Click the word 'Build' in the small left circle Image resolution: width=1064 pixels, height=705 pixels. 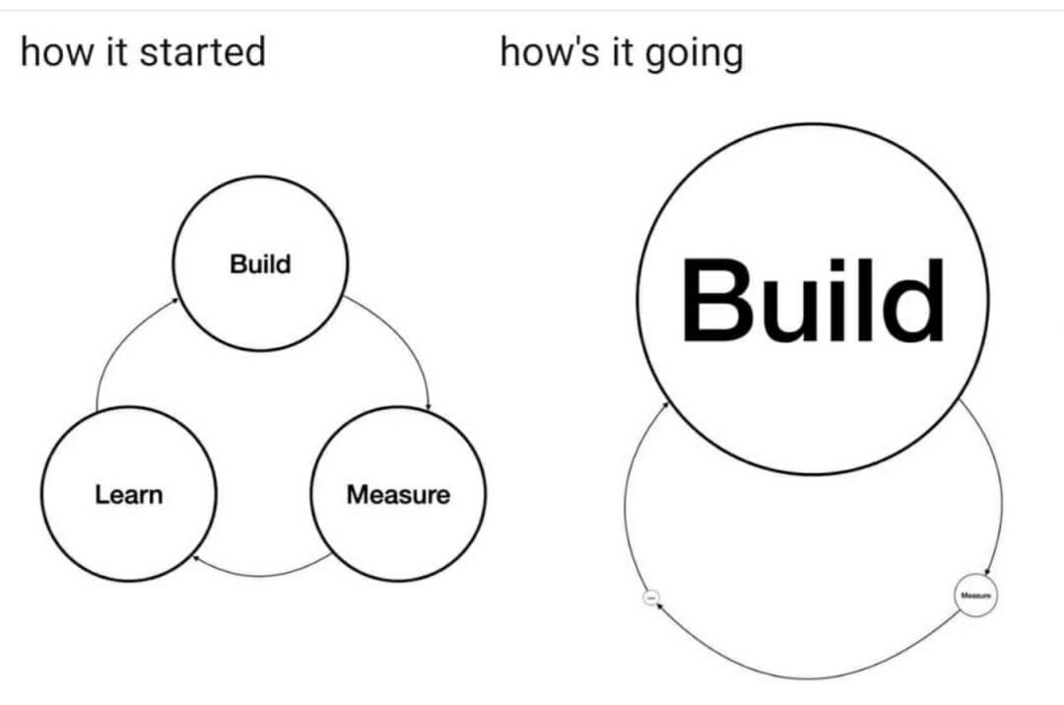(260, 264)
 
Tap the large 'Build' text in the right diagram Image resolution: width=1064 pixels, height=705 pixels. (812, 298)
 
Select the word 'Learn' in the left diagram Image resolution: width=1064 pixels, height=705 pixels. (128, 494)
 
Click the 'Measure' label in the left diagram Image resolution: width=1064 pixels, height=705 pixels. (397, 494)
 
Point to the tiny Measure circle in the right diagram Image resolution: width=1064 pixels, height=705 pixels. (975, 596)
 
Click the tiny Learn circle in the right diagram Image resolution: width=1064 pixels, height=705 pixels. (649, 598)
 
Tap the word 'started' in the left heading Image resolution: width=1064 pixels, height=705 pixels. (202, 51)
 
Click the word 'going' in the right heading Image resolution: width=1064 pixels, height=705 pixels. (695, 53)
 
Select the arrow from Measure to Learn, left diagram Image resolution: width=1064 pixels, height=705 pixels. (261, 574)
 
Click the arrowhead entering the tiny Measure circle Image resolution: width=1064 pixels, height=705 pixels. (986, 576)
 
